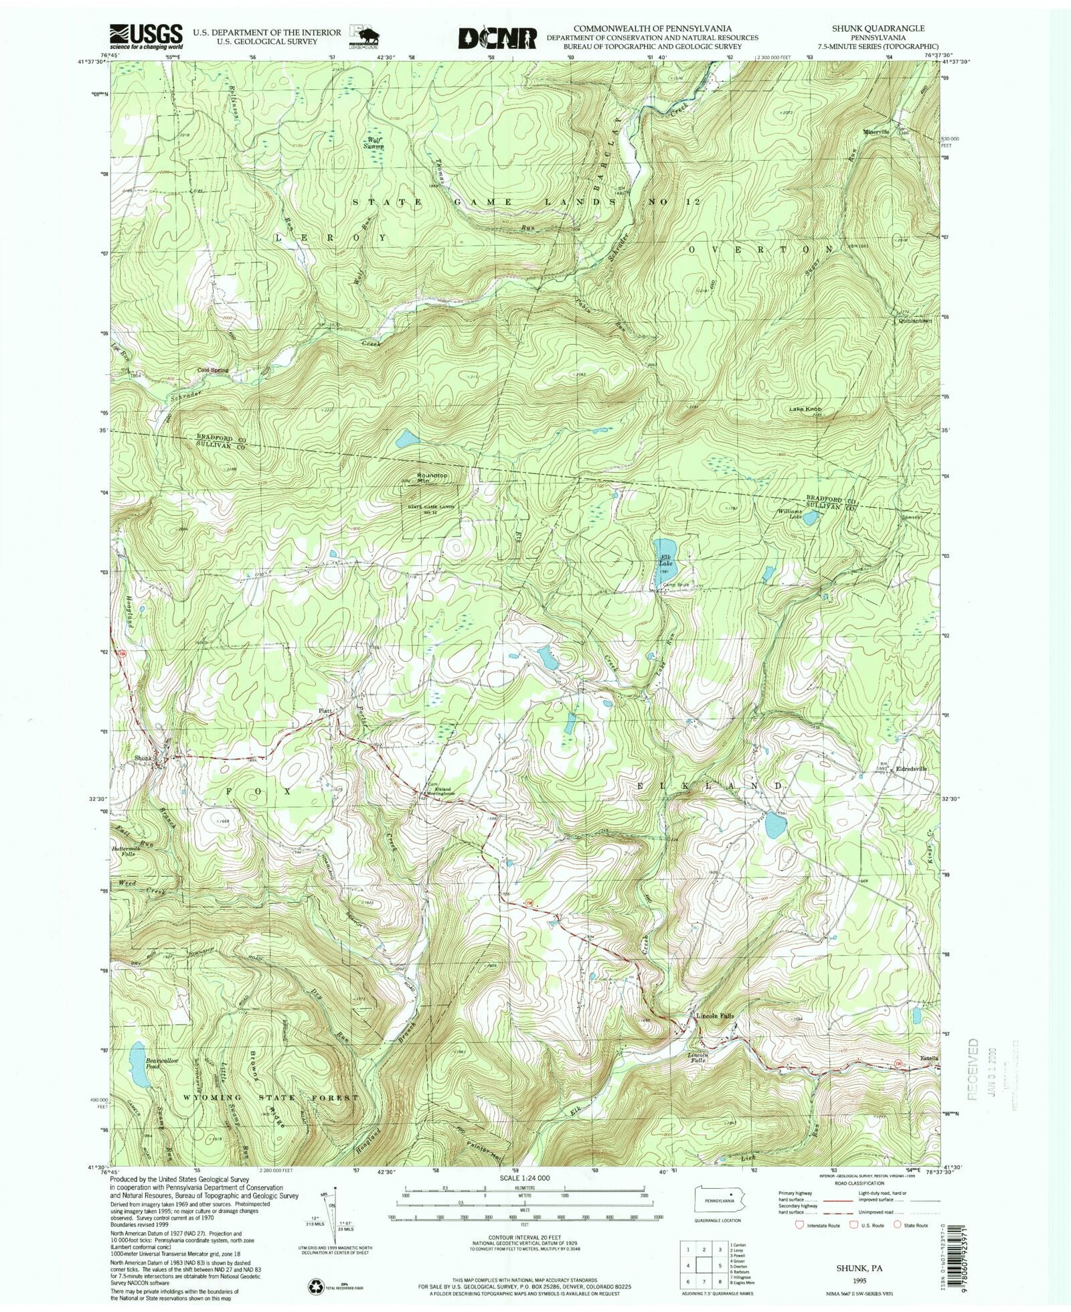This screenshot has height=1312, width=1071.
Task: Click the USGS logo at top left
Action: [147, 38]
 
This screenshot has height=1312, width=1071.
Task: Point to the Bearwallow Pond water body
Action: [139, 1082]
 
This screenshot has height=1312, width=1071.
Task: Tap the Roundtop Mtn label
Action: [432, 478]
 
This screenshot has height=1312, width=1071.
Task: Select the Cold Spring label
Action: [212, 370]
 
